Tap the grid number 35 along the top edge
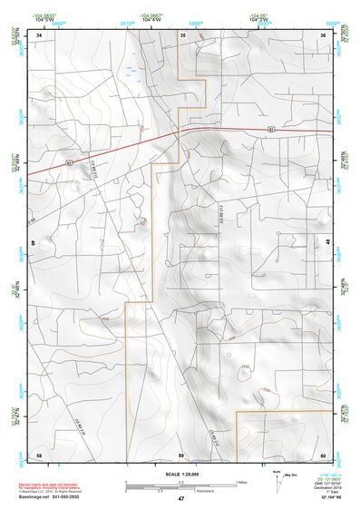pos(182,34)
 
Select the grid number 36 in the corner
pos(323,34)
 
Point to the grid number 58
pos(39,454)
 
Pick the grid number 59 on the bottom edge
pos(181,454)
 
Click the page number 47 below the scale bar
pos(181,499)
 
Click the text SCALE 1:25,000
pos(180,474)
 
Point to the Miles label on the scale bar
pos(241,481)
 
